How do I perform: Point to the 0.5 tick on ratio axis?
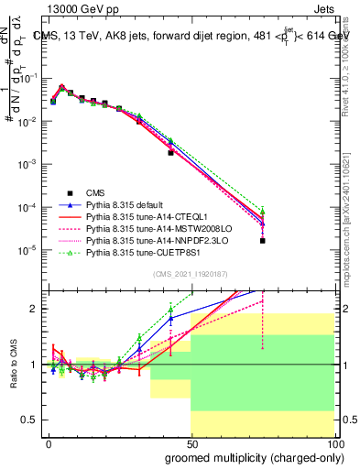point(34,420)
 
